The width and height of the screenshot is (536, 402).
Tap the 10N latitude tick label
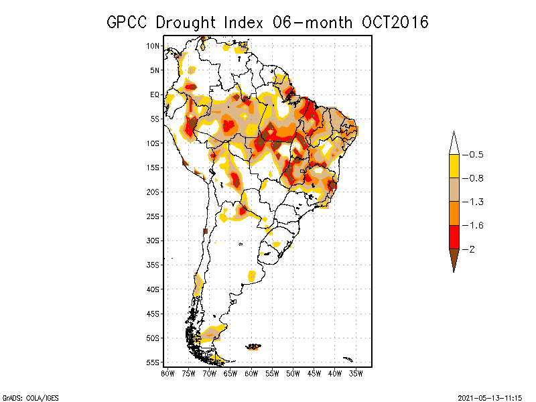point(153,46)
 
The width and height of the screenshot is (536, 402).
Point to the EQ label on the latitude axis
point(154,94)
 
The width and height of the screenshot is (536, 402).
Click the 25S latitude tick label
point(153,216)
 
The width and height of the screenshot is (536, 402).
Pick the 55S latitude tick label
point(153,362)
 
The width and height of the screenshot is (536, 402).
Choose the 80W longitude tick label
point(167,373)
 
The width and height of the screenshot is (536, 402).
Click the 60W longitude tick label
point(252,373)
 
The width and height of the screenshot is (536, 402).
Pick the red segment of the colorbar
point(454,237)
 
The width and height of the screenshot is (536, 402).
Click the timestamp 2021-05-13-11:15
point(490,397)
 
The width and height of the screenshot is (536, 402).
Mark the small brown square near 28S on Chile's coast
point(206,231)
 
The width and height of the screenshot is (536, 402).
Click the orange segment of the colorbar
point(454,213)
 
